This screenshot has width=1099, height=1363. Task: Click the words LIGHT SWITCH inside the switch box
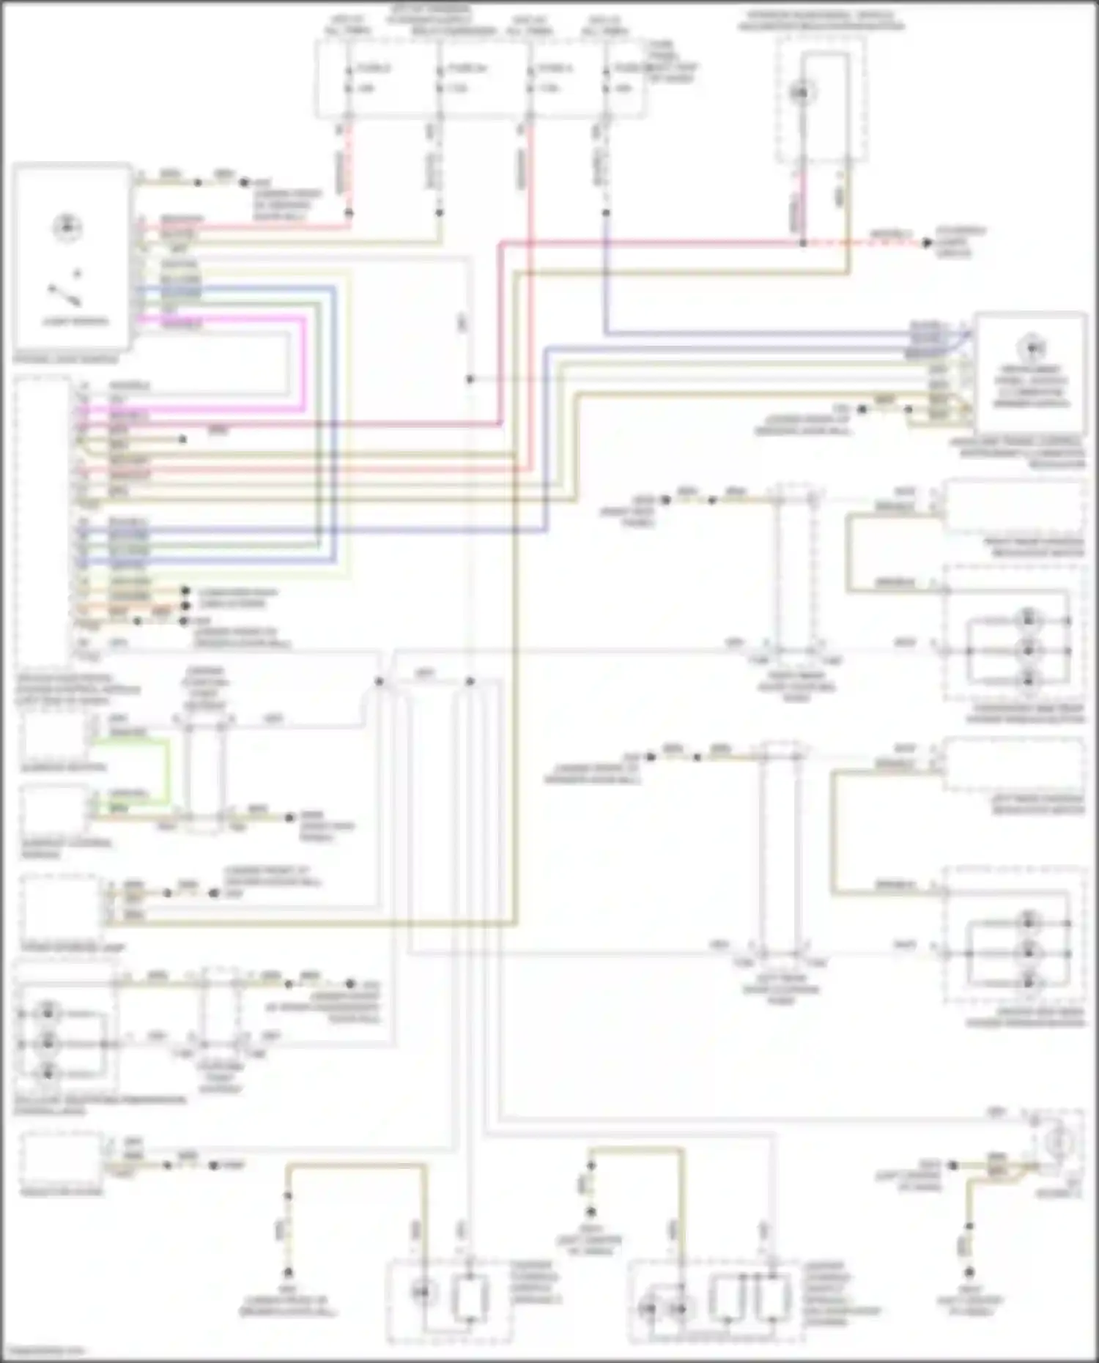pyautogui.click(x=75, y=321)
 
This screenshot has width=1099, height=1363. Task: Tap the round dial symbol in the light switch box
pyautogui.click(x=67, y=227)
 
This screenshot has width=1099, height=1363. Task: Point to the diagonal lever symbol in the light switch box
pyautogui.click(x=65, y=294)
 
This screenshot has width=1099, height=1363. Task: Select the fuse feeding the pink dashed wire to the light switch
pyautogui.click(x=349, y=78)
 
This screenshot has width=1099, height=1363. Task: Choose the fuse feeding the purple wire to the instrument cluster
pyautogui.click(x=606, y=78)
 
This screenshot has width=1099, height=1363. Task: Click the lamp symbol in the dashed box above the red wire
pyautogui.click(x=802, y=92)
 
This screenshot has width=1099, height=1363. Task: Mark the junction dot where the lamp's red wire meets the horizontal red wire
pyautogui.click(x=803, y=242)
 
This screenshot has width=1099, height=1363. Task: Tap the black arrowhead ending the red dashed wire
pyautogui.click(x=928, y=242)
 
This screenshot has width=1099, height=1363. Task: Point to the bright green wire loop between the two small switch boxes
pyautogui.click(x=168, y=769)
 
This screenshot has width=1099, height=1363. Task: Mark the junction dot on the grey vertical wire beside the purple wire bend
pyautogui.click(x=470, y=379)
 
